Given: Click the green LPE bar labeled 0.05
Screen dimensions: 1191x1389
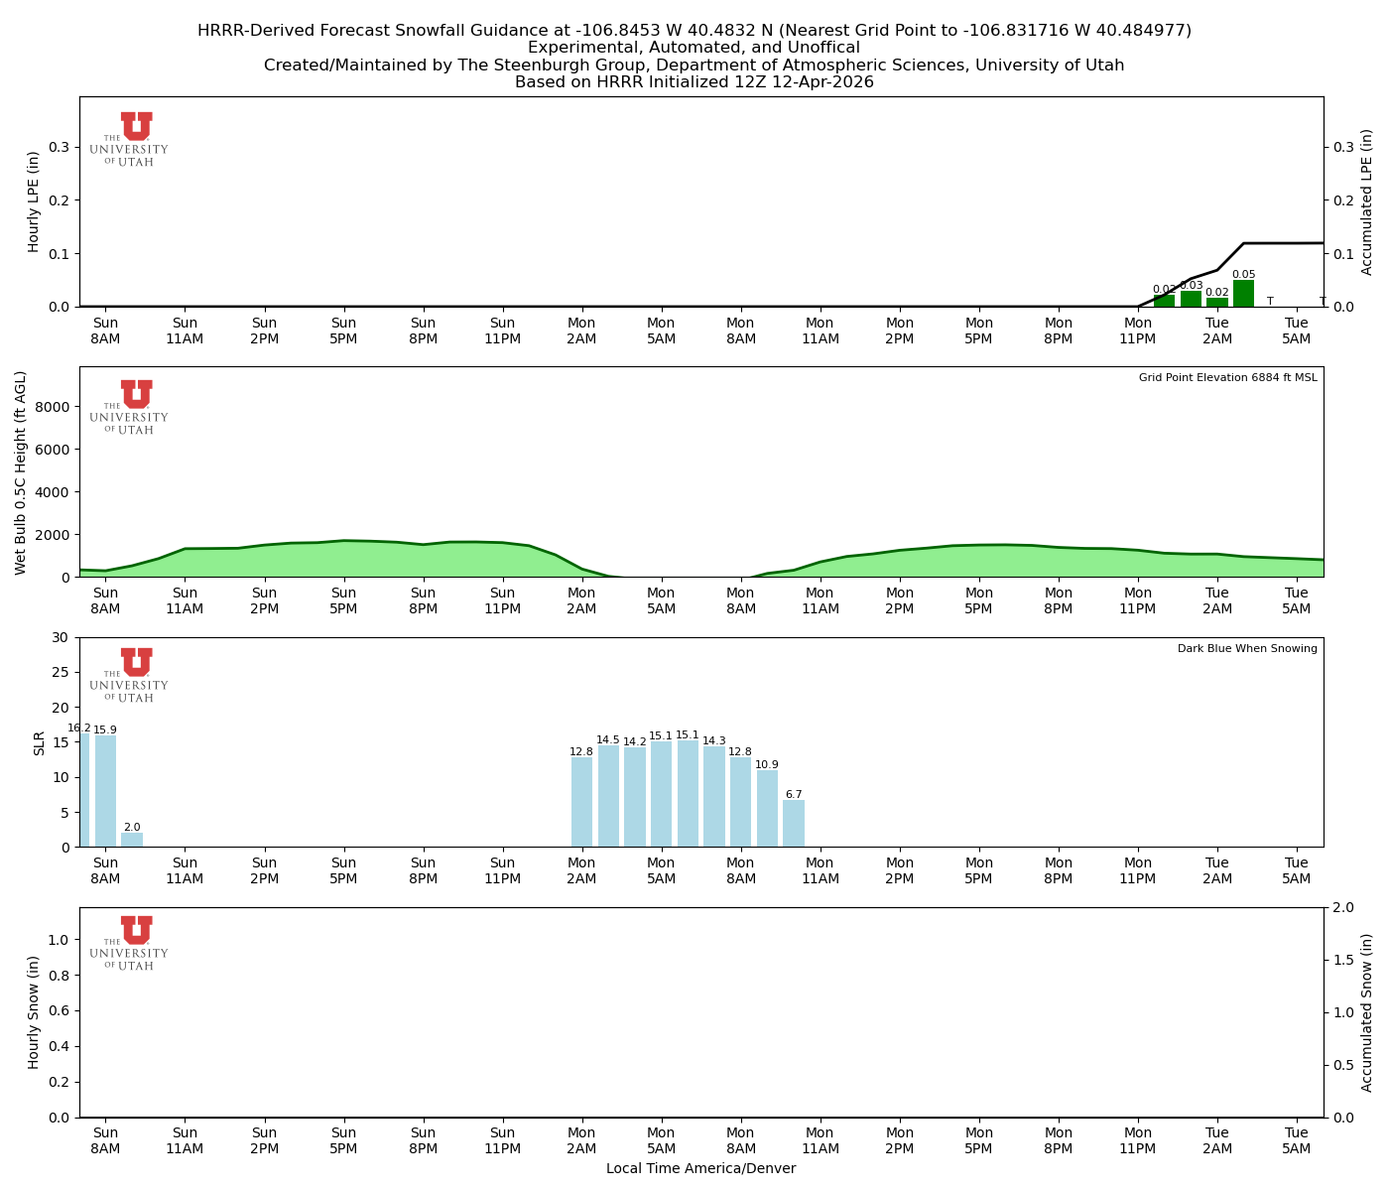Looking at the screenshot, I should (x=1243, y=294).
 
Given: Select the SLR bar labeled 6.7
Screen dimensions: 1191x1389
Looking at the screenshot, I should (x=794, y=824).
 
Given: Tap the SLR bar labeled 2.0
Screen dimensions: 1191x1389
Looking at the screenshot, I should (x=132, y=840).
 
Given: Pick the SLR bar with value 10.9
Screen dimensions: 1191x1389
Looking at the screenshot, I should (x=767, y=809).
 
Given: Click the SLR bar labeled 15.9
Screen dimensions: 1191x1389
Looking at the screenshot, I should (x=105, y=791).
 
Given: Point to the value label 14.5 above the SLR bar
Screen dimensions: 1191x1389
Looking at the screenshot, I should (x=608, y=740).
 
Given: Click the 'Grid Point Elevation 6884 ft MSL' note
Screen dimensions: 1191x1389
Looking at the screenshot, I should (x=1227, y=378).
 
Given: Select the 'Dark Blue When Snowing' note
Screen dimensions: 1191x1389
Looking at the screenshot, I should (x=1247, y=649).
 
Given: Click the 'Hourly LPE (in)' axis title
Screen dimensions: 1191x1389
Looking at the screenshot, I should (x=34, y=201).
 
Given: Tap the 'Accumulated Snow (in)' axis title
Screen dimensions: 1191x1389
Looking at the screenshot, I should (x=1367, y=1012).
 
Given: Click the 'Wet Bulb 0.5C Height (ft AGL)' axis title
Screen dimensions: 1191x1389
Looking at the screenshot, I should (x=21, y=472).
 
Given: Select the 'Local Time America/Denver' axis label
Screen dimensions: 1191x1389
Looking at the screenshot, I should (x=700, y=1169).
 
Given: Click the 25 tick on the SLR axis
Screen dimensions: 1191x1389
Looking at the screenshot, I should (x=62, y=672).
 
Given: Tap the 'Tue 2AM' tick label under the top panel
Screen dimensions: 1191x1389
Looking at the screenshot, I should (x=1217, y=331).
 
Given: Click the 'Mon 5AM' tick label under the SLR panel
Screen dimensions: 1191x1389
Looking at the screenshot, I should (x=661, y=870).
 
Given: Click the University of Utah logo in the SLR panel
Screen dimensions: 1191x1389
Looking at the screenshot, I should (x=130, y=675).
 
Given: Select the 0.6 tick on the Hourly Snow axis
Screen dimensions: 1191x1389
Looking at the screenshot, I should (x=58, y=1011).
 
